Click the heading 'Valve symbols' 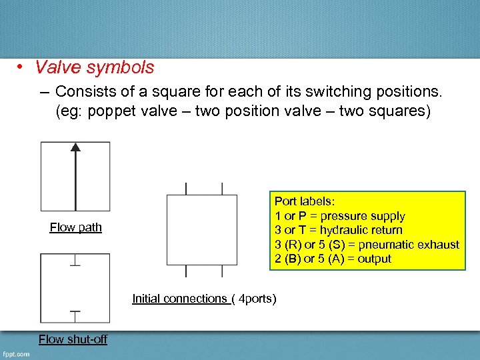95,67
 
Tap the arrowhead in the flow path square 75,148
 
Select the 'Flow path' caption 76,227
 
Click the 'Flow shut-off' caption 73,339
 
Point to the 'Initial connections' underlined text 180,299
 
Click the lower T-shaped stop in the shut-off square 75,312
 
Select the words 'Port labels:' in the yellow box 305,201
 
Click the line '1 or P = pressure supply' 339,216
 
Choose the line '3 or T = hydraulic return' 338,230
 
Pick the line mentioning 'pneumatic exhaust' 367,245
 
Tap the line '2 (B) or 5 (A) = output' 333,259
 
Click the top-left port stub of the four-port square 186,189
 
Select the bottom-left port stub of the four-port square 186,271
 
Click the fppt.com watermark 15,354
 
